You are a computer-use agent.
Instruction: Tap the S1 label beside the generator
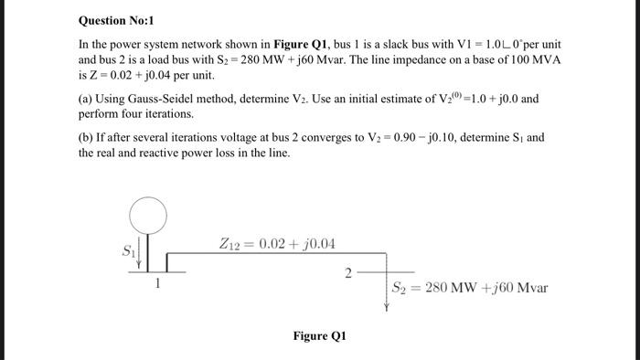point(127,248)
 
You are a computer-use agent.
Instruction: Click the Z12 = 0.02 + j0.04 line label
point(278,244)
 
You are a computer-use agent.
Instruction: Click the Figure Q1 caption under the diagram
point(319,335)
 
